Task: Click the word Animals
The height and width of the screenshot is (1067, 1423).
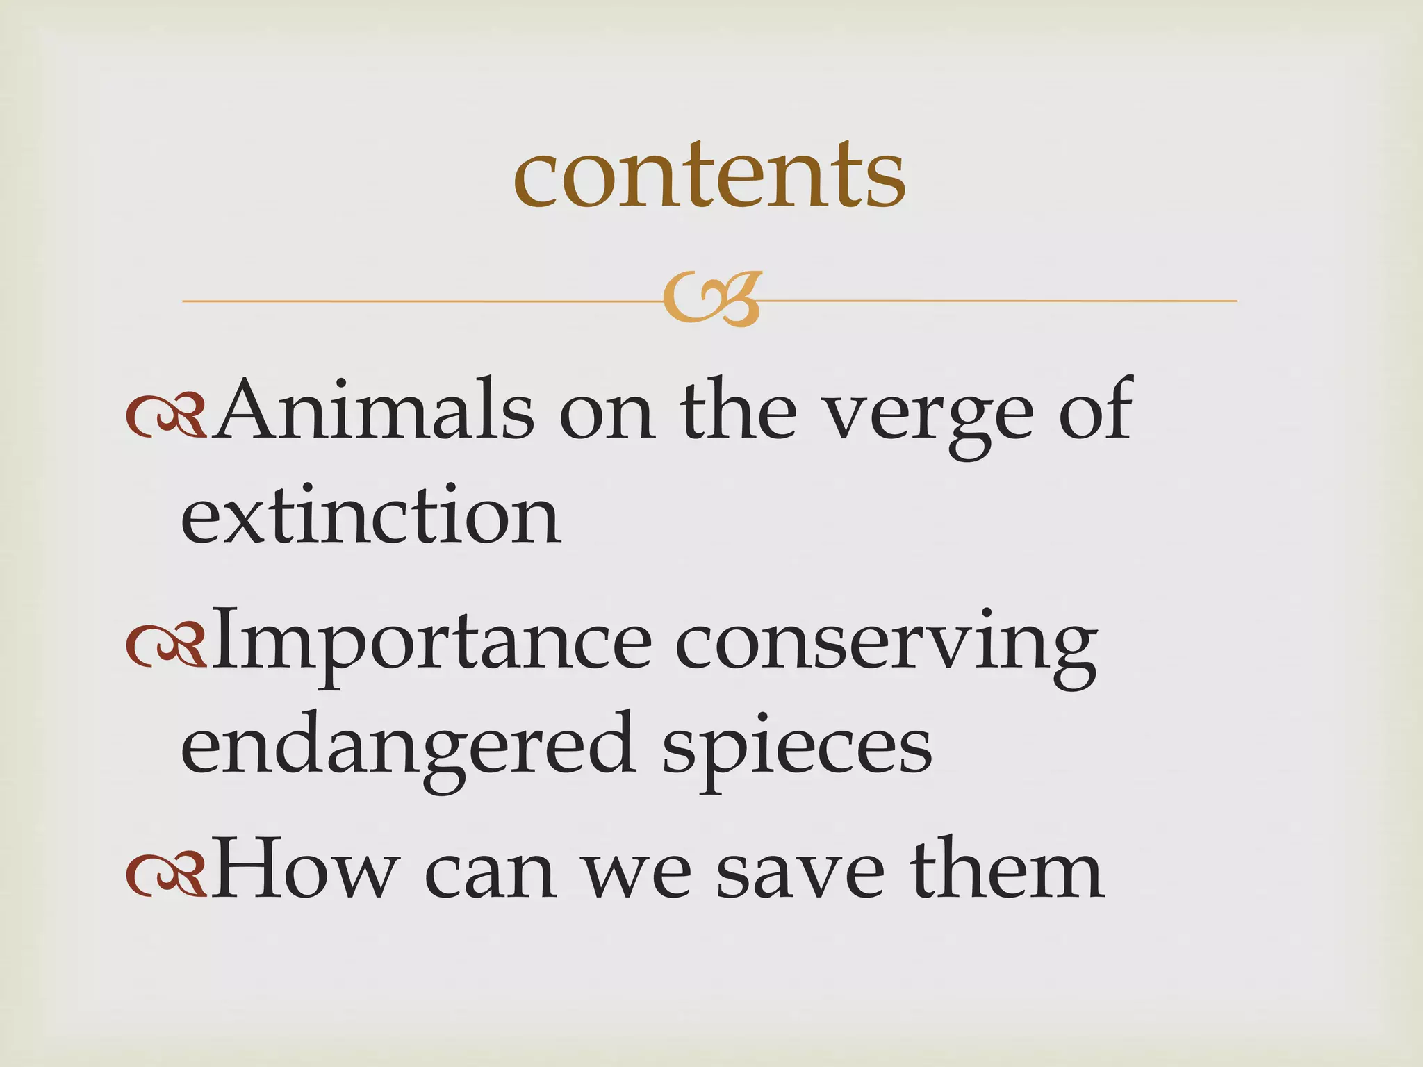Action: [x=374, y=410]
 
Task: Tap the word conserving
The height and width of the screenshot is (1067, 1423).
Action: [x=886, y=646]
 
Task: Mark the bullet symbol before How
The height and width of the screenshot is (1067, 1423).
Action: [x=166, y=877]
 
